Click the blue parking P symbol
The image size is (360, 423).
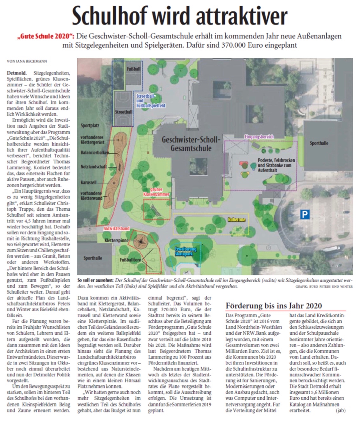click(305, 215)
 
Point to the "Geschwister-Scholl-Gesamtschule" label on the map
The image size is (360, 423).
click(191, 144)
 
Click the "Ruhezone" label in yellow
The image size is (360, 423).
click(237, 220)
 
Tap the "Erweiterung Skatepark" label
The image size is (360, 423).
click(186, 251)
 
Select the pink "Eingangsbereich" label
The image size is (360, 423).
click(259, 137)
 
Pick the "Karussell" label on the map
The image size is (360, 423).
click(89, 182)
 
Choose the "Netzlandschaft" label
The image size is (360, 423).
click(94, 167)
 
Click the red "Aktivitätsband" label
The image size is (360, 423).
click(117, 228)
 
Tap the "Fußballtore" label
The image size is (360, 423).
click(130, 260)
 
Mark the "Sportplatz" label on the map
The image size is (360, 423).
click(90, 126)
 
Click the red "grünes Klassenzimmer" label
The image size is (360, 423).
click(156, 192)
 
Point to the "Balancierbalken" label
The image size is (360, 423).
click(95, 153)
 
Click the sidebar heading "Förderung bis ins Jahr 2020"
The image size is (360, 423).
click(274, 306)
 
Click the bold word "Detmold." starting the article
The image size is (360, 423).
click(17, 73)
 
